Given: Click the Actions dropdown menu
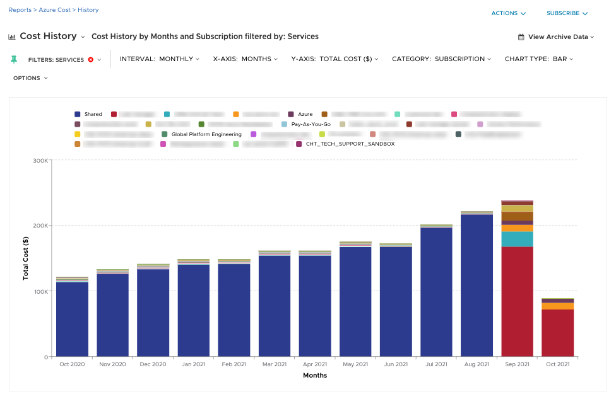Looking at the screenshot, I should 509,13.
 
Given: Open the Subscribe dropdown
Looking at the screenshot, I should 567,13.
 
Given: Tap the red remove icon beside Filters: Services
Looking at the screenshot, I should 91,59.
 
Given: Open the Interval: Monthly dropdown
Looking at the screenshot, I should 159,59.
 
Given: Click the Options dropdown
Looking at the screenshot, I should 30,78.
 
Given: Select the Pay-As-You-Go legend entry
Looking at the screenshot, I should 311,124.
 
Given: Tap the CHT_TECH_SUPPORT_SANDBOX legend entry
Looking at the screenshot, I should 350,144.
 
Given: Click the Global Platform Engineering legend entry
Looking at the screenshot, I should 206,134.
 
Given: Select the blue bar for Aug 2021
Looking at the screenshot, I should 477,284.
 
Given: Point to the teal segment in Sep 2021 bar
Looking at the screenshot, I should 517,240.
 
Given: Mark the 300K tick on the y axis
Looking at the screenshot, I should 40,160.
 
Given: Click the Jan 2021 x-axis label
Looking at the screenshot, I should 193,364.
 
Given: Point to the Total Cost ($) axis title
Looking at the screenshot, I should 26,258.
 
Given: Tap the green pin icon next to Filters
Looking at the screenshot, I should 15,59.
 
